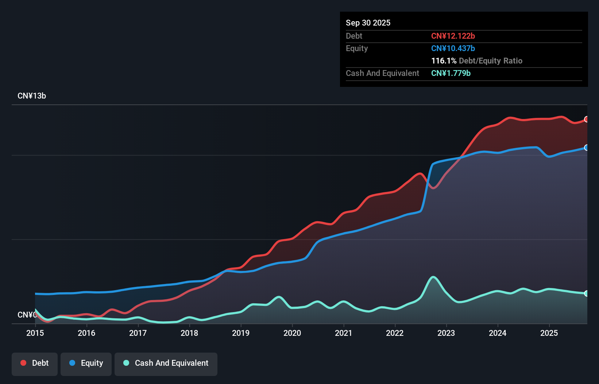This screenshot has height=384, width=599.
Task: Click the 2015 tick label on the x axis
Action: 35,333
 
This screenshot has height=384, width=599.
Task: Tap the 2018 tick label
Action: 189,333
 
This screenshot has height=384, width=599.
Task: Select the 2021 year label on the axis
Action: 344,333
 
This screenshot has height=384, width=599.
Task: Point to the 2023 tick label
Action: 446,333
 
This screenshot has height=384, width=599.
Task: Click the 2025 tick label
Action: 549,333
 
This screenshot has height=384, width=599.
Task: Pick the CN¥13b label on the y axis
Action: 32,96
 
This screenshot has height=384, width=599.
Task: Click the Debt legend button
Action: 35,363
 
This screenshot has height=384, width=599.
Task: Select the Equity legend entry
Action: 86,363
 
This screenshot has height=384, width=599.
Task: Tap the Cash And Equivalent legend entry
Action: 166,363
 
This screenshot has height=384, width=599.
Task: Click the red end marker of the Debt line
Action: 587,119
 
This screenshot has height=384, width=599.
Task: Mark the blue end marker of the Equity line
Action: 587,147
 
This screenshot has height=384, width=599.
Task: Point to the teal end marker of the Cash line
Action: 587,293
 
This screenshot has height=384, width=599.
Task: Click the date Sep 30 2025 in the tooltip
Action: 368,23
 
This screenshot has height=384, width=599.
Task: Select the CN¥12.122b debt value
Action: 453,36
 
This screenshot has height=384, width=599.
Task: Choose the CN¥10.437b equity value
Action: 453,49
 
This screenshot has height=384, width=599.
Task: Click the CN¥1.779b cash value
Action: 451,73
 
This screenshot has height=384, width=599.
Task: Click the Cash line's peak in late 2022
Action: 433,277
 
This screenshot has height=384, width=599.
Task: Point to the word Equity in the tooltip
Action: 357,49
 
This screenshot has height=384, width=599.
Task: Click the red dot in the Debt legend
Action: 23,363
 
